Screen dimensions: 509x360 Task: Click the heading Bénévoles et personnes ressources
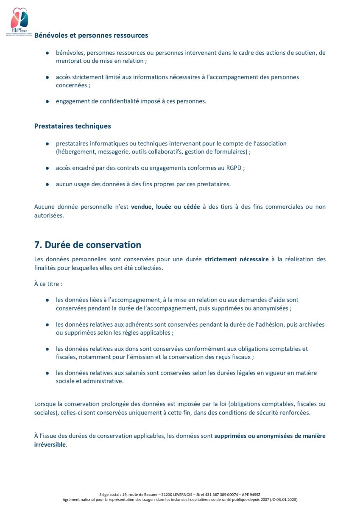point(91,35)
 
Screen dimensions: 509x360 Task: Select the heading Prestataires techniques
point(73,126)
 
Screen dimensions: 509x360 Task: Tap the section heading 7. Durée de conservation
point(87,245)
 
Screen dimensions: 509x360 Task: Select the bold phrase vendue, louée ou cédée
point(165,207)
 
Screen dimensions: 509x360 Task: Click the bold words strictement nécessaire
point(237,259)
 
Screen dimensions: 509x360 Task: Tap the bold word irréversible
point(50,445)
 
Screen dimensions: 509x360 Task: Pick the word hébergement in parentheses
point(75,152)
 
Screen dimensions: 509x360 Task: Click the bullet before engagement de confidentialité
point(47,101)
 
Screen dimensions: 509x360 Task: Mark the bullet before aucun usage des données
point(47,185)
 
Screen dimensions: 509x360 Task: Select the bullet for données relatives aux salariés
point(47,373)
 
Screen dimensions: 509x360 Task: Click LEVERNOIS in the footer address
point(172,495)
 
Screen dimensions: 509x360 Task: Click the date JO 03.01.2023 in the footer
point(283,500)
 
